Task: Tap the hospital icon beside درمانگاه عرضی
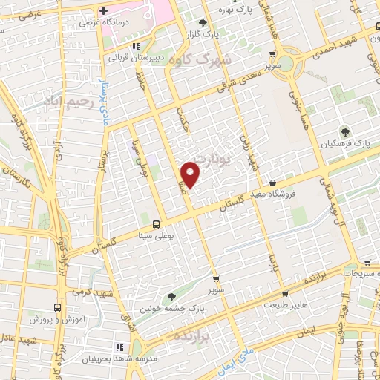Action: click(103, 11)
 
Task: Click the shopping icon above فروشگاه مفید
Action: click(273, 183)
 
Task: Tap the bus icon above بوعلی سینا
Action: click(156, 224)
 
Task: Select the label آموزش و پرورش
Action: click(58, 318)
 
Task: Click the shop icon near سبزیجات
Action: click(367, 262)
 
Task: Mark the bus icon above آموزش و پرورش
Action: click(58, 307)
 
